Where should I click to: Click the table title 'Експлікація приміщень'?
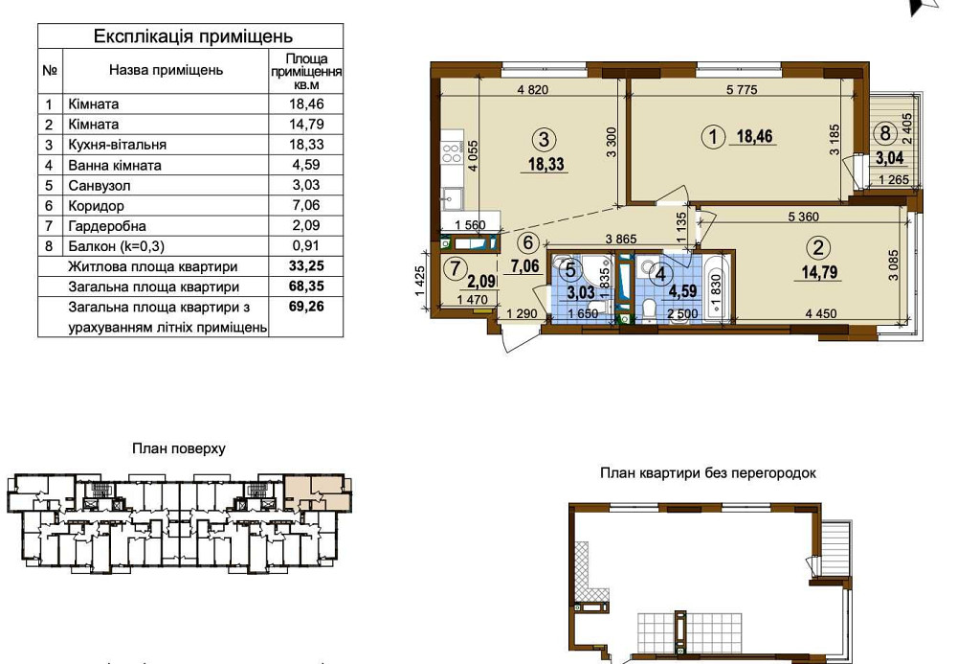click(193, 36)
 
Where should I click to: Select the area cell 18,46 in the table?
click(306, 103)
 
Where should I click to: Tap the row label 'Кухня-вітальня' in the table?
click(117, 145)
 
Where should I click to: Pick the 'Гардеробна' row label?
click(107, 226)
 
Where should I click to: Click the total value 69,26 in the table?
click(306, 306)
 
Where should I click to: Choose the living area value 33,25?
click(306, 265)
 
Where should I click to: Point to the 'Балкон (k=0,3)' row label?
click(116, 246)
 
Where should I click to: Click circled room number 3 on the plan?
click(544, 139)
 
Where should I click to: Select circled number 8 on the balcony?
click(885, 132)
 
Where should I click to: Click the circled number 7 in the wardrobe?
click(455, 267)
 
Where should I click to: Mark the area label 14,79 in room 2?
click(819, 272)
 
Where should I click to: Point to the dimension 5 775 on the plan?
click(742, 90)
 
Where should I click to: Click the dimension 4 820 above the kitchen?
click(533, 90)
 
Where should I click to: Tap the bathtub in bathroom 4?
click(716, 287)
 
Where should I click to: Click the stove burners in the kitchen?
click(452, 152)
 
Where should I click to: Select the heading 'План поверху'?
click(179, 449)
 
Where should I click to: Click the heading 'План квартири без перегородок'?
click(708, 473)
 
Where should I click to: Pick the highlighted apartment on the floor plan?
click(317, 492)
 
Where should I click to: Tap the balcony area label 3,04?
click(890, 158)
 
